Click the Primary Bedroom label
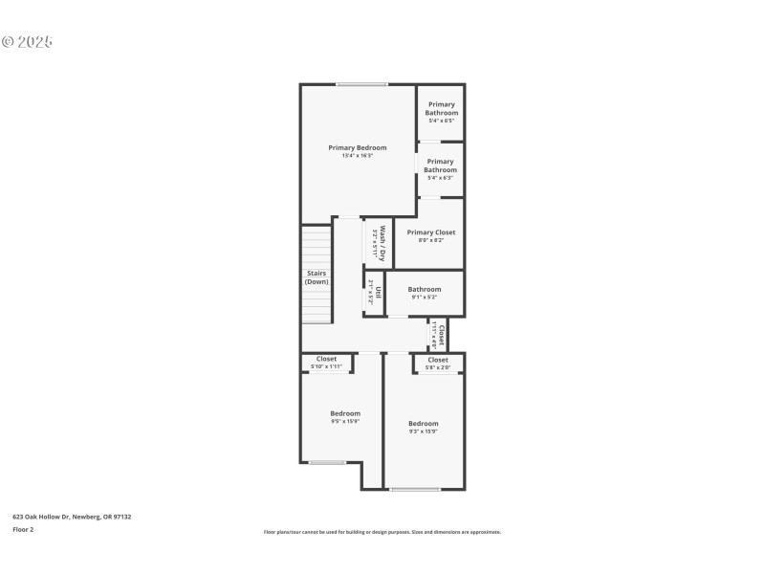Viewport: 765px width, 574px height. pyautogui.click(x=357, y=147)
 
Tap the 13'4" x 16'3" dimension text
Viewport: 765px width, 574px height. pyautogui.click(x=357, y=156)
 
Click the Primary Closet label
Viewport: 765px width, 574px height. pyautogui.click(x=430, y=232)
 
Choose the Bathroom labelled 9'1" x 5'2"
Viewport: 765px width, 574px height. pyautogui.click(x=425, y=289)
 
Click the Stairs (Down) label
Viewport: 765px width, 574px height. pyautogui.click(x=317, y=277)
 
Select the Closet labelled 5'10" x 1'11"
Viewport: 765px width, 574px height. pyautogui.click(x=326, y=359)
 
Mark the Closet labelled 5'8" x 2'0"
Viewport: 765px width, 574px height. pyautogui.click(x=438, y=360)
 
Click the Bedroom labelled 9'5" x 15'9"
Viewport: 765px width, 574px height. pyautogui.click(x=345, y=413)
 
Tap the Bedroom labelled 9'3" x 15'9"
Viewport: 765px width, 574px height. pyautogui.click(x=423, y=424)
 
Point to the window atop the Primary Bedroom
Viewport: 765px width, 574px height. pyautogui.click(x=361, y=85)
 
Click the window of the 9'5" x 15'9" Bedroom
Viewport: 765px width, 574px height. pyautogui.click(x=327, y=463)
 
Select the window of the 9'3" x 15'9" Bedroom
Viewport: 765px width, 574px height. pyautogui.click(x=415, y=490)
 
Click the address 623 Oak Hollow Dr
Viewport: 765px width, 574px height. pyautogui.click(x=72, y=517)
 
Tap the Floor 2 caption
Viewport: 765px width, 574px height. pyautogui.click(x=23, y=529)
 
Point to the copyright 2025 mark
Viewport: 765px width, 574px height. pyautogui.click(x=27, y=42)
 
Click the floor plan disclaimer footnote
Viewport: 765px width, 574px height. pyautogui.click(x=382, y=532)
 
